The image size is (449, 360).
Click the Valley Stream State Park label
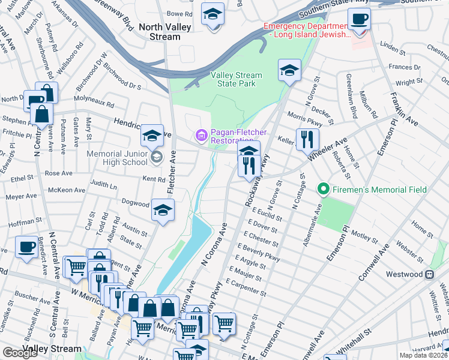[237, 79]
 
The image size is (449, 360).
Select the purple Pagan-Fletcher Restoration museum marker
[201, 136]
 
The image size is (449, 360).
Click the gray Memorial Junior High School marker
[156, 158]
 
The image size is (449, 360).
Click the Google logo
[20, 353]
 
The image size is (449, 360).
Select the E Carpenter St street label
[247, 289]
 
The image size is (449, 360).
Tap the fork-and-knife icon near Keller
[307, 139]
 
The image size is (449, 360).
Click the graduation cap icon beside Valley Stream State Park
[289, 71]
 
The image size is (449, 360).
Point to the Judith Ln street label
[103, 185]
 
